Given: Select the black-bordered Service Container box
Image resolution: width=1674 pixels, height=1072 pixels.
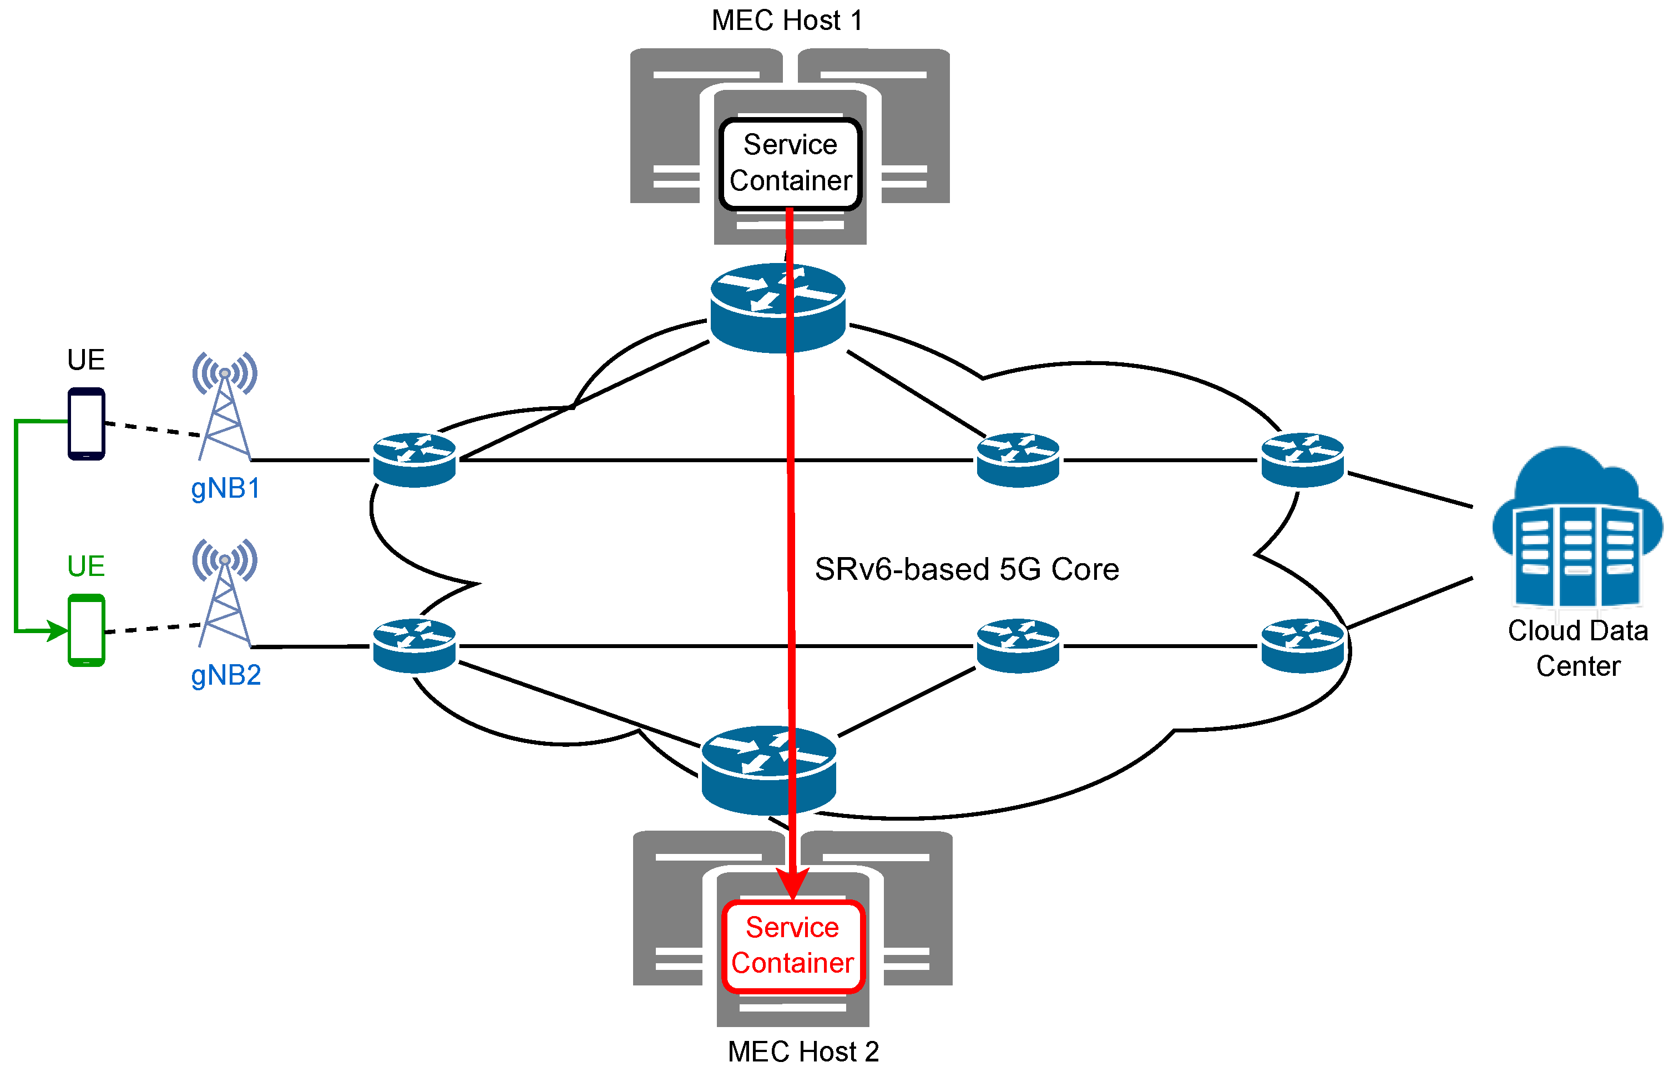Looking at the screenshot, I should [790, 164].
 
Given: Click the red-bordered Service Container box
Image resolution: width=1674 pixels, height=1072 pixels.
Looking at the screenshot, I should [792, 945].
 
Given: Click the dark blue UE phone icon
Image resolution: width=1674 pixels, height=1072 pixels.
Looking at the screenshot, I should [87, 423].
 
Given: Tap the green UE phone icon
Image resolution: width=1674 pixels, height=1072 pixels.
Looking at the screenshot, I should [87, 630].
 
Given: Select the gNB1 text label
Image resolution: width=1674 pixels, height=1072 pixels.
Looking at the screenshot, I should [225, 489].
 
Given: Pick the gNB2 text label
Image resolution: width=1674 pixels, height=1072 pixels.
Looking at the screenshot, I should [225, 675].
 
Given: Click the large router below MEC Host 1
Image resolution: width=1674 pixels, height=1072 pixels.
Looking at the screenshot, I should [777, 308].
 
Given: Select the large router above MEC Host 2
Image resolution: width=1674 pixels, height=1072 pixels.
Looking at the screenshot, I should [768, 770].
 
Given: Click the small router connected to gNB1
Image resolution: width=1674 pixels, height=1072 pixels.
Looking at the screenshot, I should [414, 459].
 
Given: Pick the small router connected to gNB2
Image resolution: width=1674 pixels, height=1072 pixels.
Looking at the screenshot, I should [414, 645].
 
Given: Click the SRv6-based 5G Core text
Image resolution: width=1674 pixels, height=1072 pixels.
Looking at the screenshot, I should [966, 569].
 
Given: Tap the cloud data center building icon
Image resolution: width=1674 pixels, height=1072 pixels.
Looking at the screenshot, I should [1576, 529].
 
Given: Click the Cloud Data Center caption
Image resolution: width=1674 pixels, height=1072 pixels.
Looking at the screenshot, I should [1577, 648].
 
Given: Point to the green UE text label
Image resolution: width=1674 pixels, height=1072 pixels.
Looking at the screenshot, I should [87, 566].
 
